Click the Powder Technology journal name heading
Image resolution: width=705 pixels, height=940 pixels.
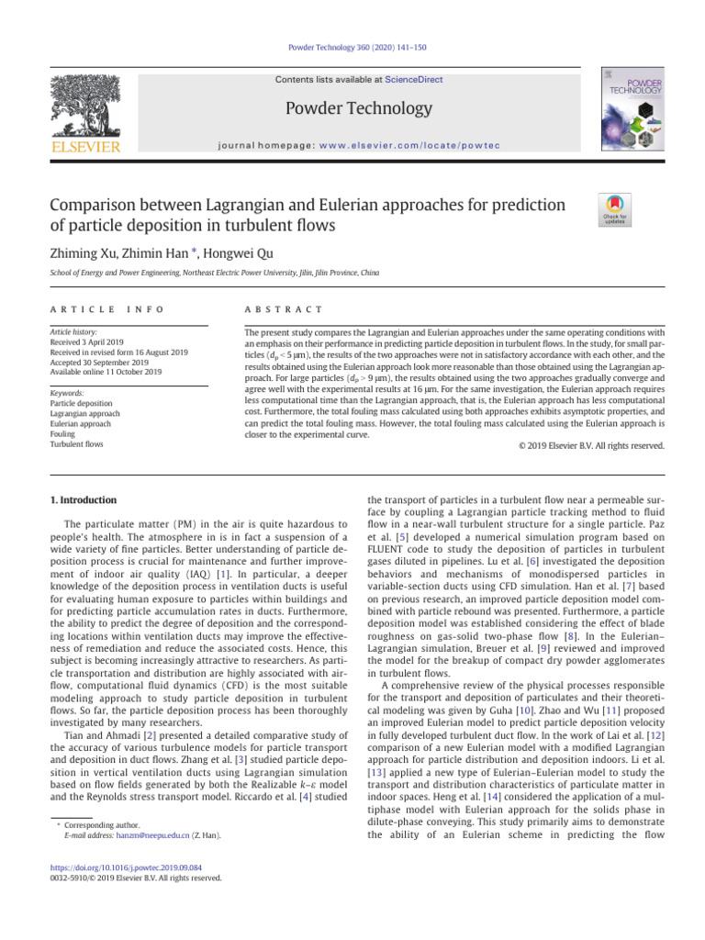(x=359, y=109)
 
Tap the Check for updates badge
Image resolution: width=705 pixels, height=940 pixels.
(x=614, y=209)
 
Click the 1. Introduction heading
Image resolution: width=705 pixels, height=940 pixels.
(x=84, y=500)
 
